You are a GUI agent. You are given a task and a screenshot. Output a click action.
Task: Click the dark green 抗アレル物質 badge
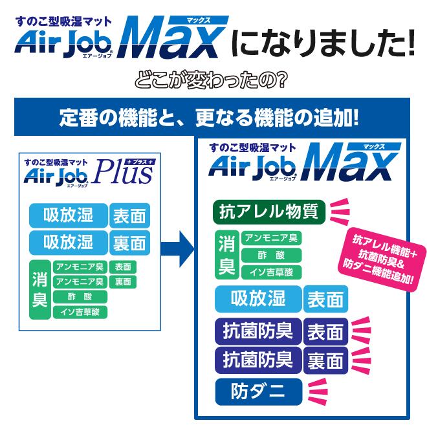[x=269, y=212]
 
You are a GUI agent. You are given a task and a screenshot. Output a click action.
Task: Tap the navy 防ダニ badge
[x=259, y=391]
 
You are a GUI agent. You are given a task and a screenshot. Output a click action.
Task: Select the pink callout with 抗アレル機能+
[x=382, y=259]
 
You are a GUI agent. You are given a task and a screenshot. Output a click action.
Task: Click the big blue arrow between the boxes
[x=177, y=249]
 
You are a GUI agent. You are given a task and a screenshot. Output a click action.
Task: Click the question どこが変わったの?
[x=211, y=80]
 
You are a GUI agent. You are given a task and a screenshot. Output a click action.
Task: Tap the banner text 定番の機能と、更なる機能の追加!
[x=209, y=118]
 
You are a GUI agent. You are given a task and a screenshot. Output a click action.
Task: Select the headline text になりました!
[x=323, y=43]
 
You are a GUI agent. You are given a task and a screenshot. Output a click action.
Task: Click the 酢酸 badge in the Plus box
[x=80, y=297]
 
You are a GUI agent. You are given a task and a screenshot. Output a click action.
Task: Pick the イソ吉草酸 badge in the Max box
[x=272, y=272]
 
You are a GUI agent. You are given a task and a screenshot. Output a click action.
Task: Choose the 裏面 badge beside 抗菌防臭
[x=325, y=360]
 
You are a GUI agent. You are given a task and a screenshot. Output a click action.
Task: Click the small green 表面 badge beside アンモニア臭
[x=123, y=267]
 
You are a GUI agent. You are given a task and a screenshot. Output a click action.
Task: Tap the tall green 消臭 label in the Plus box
[x=40, y=289]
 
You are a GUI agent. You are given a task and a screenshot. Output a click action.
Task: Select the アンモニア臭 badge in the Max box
[x=272, y=238]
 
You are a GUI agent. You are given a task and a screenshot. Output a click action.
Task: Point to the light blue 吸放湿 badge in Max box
[x=258, y=299]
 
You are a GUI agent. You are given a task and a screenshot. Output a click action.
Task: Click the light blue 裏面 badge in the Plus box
[x=129, y=243]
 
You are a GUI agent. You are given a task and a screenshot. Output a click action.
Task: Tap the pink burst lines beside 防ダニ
[x=318, y=391]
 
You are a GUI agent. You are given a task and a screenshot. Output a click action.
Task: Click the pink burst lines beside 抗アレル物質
[x=339, y=212]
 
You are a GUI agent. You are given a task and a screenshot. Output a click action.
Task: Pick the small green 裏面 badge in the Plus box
[x=123, y=282]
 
